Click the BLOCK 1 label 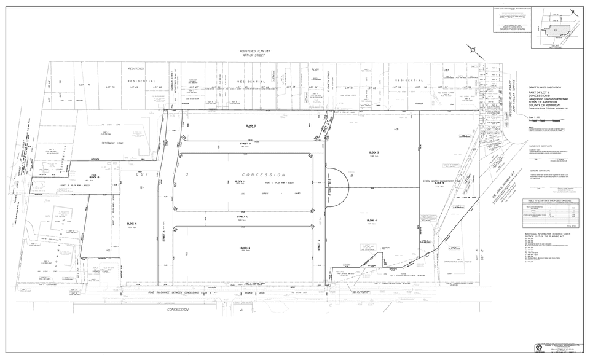240,182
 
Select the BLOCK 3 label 374,152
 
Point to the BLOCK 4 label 371,220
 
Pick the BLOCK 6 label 132,224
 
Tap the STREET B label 245,143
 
